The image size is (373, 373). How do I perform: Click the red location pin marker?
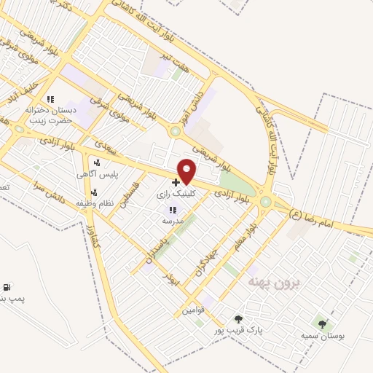[187, 170]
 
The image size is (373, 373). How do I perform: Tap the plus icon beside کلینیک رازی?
[175, 182]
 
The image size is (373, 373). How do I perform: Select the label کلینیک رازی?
[175, 195]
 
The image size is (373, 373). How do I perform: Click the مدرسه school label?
[173, 219]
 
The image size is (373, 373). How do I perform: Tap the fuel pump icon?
[7, 288]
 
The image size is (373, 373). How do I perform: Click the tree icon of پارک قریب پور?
[237, 318]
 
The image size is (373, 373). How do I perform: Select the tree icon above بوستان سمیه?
[323, 323]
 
